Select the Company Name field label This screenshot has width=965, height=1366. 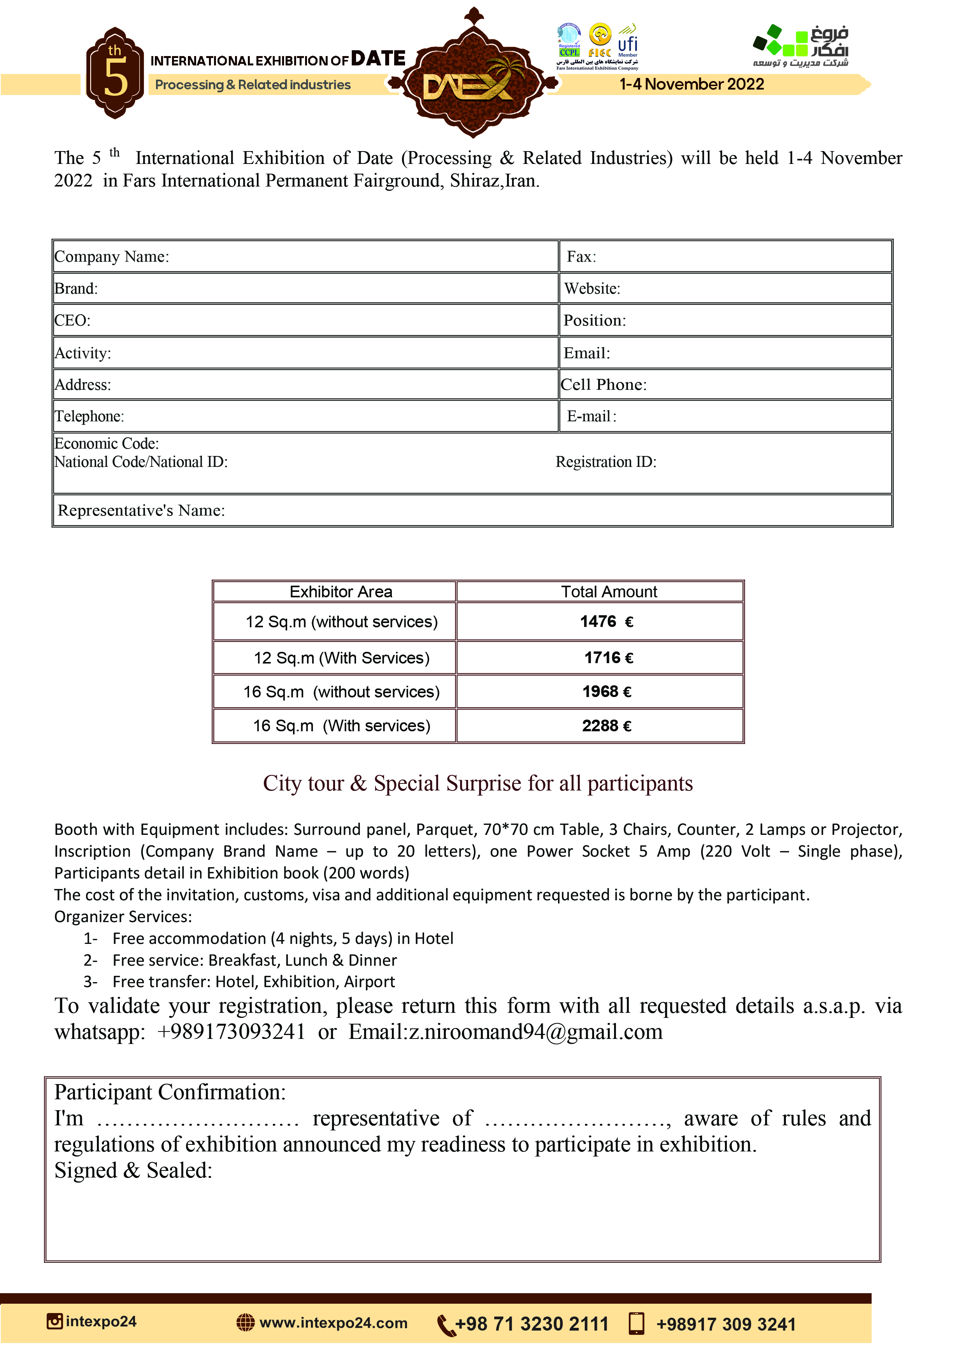tap(112, 257)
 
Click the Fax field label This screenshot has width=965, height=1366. tap(581, 257)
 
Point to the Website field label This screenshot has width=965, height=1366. tap(592, 289)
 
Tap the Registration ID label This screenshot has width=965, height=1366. tap(606, 462)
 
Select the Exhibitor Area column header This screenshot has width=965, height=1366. tap(341, 592)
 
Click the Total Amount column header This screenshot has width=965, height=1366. tap(609, 592)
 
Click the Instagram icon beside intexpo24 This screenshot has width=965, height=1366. tap(55, 1321)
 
